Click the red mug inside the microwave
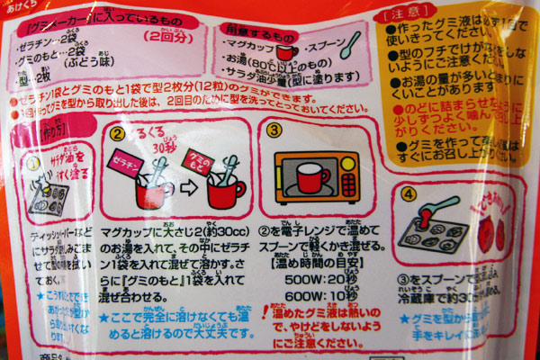[x=313, y=176]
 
